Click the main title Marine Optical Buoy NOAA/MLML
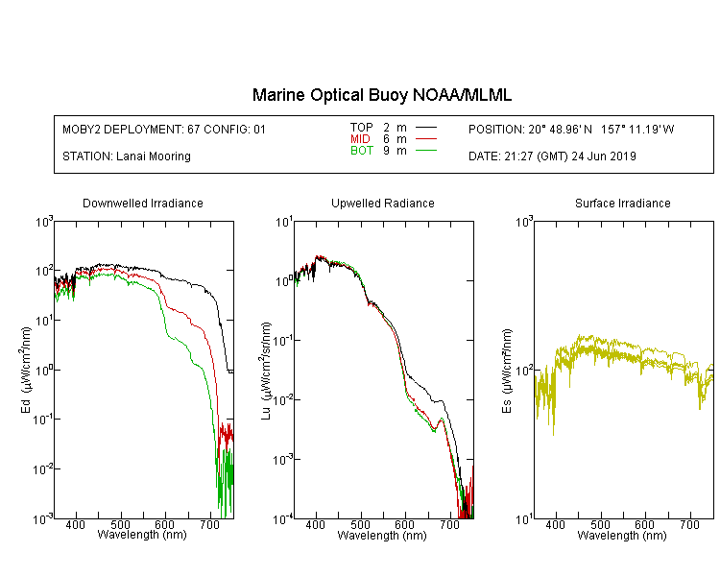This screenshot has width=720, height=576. (x=381, y=95)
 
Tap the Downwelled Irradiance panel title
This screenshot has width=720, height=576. (x=143, y=203)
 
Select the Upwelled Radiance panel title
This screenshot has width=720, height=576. (x=383, y=203)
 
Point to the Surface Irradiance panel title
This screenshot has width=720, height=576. (x=623, y=203)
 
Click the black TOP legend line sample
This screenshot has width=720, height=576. (x=425, y=128)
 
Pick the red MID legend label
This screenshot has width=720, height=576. (x=360, y=138)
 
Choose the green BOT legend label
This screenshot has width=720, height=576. (x=361, y=151)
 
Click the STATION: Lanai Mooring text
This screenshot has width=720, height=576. (x=127, y=156)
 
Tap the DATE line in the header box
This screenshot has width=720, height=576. (x=552, y=156)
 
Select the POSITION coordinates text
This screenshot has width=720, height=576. (x=571, y=129)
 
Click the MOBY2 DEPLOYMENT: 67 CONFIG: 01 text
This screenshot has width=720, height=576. (x=164, y=129)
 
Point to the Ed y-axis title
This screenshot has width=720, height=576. (x=26, y=370)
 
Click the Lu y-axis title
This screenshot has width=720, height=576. (x=266, y=371)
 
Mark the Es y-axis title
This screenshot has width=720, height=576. (x=506, y=371)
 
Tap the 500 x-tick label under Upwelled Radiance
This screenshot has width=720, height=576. (x=360, y=524)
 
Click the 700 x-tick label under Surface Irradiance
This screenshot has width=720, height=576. (x=689, y=524)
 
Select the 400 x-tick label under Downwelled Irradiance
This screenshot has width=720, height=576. (x=75, y=524)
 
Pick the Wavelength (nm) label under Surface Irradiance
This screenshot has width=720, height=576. (x=622, y=535)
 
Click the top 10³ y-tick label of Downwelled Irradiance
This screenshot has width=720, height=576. (x=44, y=222)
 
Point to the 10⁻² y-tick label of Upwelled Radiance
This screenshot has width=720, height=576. (x=282, y=400)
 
